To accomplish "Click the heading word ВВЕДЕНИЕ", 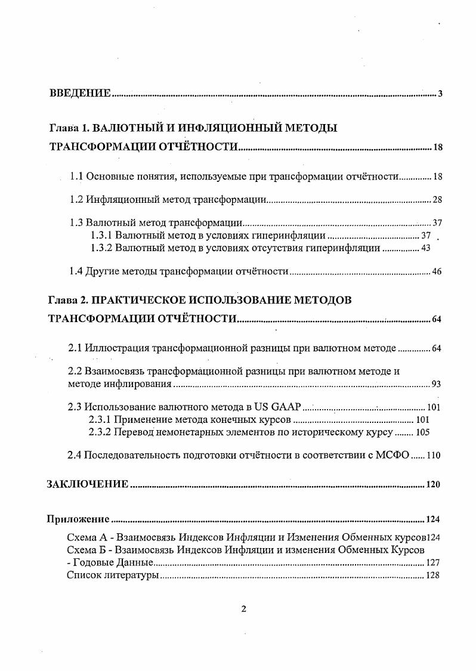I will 80,93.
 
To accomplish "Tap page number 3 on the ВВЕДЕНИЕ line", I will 440,94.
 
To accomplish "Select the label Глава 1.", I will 67,128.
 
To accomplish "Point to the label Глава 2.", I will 67,300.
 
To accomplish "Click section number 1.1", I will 76,177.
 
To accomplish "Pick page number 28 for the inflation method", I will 437,200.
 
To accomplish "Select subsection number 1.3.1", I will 101,236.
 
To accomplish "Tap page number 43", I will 425,248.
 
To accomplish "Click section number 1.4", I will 76,271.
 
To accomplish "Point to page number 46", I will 437,272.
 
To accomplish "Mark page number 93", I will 436,385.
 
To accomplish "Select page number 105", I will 422,432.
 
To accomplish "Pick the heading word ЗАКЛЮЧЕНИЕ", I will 88,484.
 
